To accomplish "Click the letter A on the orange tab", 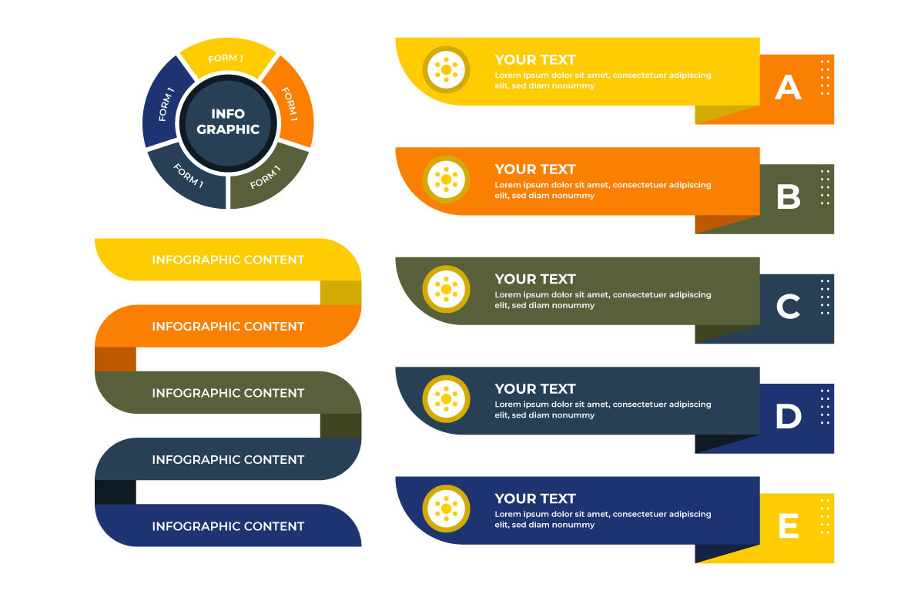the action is tap(788, 87).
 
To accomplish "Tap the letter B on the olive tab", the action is tap(789, 196).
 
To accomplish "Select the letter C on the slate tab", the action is tap(788, 307).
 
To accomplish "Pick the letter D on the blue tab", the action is tap(789, 416).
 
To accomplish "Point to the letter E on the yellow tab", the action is tap(789, 525).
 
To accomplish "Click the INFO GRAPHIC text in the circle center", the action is tap(228, 121).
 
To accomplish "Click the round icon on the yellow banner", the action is tap(446, 69).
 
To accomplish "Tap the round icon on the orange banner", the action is tap(446, 180).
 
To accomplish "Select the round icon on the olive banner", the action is tap(446, 289).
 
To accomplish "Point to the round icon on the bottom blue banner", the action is tap(446, 509).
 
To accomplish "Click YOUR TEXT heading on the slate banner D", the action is tap(535, 389).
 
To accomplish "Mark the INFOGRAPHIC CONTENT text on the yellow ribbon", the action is tap(228, 260).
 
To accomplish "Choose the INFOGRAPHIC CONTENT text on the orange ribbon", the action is tap(228, 327).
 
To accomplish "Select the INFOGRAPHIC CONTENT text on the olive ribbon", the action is tap(228, 394).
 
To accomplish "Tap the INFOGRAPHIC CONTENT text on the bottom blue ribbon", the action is tap(228, 526).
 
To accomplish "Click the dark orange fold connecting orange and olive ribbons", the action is tap(116, 360).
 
